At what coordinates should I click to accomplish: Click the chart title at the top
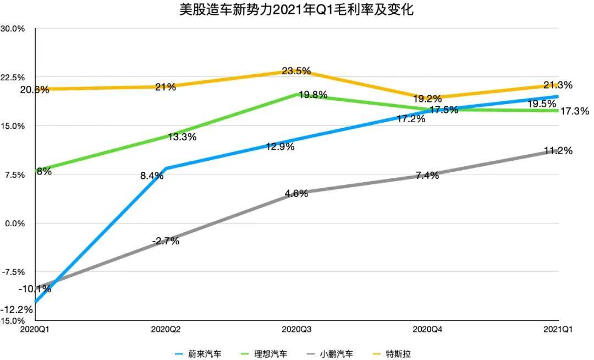point(297,9)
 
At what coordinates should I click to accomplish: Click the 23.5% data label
point(296,71)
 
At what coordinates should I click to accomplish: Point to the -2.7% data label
point(165,241)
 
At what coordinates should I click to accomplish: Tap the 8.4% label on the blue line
point(152,176)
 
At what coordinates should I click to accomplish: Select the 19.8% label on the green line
point(313,95)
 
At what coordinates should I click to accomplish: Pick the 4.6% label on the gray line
point(296,193)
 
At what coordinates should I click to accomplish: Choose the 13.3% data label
point(182,137)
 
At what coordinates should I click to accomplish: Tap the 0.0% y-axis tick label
point(14,223)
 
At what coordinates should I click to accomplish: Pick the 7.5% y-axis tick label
point(14,175)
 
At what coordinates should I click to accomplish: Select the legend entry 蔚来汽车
point(206,353)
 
